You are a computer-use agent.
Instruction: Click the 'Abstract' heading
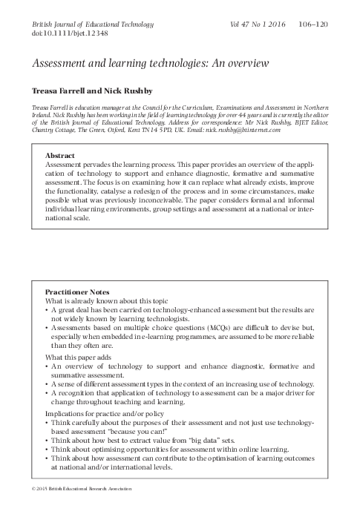coord(60,156)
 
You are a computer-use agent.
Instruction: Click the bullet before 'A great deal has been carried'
coord(48,310)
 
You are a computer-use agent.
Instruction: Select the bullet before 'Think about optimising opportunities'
coord(48,450)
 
